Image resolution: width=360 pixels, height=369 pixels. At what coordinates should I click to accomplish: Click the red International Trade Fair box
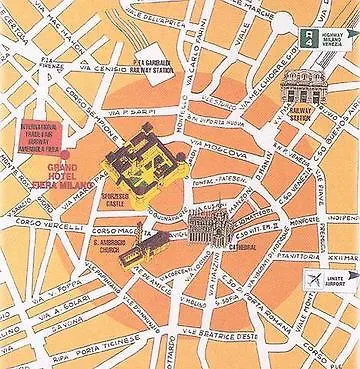(42, 137)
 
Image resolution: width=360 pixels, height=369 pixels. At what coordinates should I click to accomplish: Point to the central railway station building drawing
(299, 92)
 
